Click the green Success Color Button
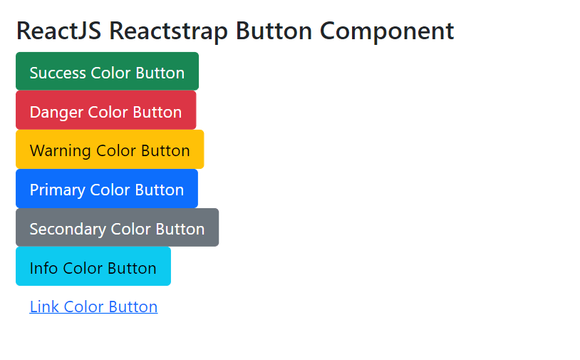coord(107,72)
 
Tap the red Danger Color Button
coord(105,111)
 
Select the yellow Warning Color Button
coord(110,150)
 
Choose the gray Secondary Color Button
coord(117,228)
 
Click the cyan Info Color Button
coord(93,267)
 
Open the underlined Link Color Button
coord(93,307)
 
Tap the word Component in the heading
coord(387,31)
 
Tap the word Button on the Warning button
coord(165,150)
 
